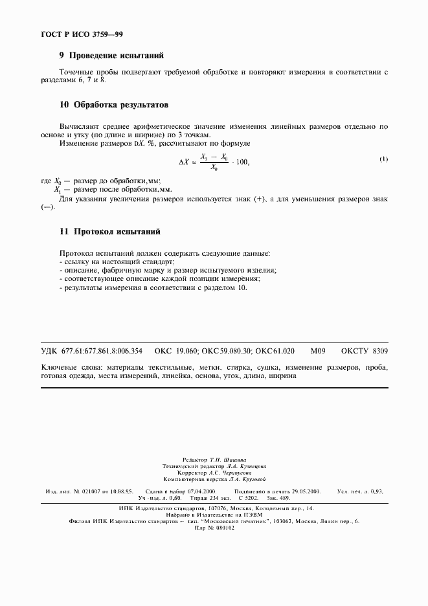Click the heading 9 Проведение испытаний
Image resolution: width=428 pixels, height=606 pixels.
111,56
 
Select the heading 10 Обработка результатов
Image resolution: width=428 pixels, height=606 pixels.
113,104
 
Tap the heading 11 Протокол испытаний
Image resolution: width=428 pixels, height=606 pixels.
109,231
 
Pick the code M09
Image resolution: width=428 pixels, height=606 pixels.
318,350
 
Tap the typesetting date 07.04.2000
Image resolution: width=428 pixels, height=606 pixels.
202,492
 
